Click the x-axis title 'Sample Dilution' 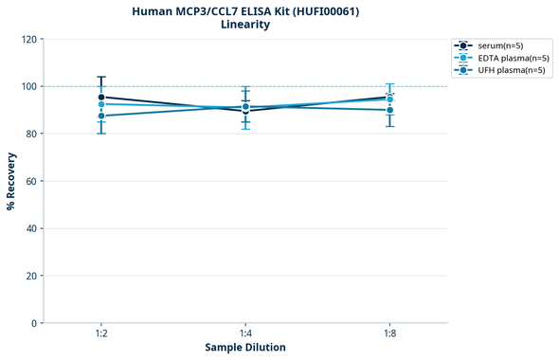click(245, 348)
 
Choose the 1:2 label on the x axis click(100, 333)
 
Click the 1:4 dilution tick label click(245, 333)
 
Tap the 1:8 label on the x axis click(390, 333)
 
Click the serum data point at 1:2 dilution click(100, 97)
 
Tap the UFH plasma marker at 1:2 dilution click(100, 116)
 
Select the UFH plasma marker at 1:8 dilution click(390, 110)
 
